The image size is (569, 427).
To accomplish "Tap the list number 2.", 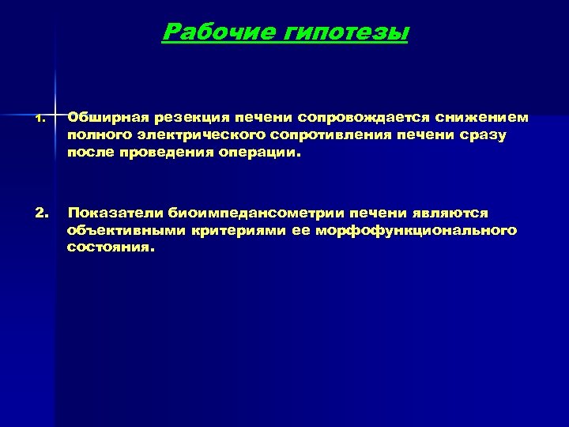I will click(x=41, y=213).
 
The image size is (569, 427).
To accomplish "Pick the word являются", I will click(x=450, y=213).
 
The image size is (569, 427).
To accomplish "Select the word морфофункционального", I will click(x=416, y=230).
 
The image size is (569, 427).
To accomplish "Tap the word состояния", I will click(x=111, y=248).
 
